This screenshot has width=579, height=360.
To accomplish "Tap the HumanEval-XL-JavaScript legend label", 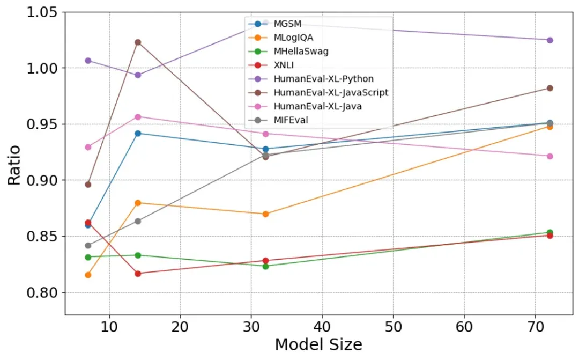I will (331, 93).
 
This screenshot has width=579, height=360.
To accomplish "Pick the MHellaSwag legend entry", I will (301, 52).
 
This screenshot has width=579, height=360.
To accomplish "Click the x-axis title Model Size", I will (319, 344).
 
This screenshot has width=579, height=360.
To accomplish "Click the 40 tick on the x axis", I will (322, 326).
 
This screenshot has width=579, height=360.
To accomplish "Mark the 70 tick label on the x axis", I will (535, 326).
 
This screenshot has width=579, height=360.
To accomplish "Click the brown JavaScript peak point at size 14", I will (138, 42).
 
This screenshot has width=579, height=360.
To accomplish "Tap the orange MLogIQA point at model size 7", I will (88, 275).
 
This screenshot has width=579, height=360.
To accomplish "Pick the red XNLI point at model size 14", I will (138, 274).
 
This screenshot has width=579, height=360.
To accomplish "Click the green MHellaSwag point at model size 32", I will (265, 266).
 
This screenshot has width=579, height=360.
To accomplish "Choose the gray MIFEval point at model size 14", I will (138, 221).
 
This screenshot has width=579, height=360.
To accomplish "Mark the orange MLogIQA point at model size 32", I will (265, 214).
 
